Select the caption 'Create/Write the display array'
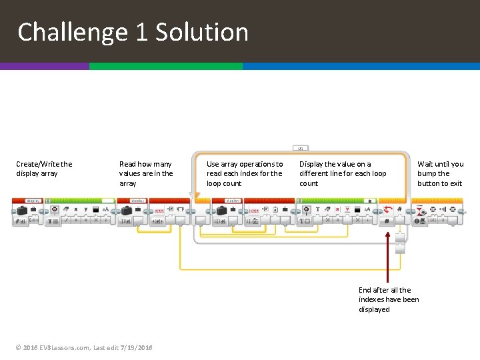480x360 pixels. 44,169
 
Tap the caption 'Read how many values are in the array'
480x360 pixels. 146,173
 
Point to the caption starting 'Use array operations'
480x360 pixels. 245,173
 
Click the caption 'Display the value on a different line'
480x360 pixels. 343,173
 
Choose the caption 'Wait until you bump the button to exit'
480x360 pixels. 440,173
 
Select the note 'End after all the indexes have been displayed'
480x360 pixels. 389,299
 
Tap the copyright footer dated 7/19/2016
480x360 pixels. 85,347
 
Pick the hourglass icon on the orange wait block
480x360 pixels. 419,209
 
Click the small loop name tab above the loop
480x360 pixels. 300,148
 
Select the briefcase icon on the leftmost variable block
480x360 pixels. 22,210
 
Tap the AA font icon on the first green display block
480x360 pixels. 105,209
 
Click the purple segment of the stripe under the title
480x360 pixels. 44,67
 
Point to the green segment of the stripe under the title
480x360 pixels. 165,67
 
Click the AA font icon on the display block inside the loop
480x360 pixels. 367,209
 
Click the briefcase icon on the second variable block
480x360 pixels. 127,210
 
